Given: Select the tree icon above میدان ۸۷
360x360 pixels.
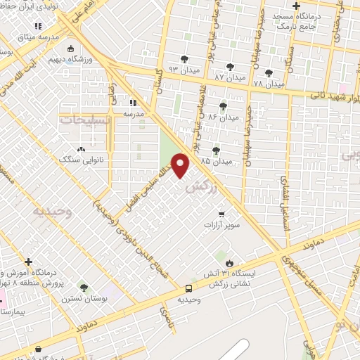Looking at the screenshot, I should click(223, 61).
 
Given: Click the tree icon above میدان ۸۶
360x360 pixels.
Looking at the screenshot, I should click(223, 106).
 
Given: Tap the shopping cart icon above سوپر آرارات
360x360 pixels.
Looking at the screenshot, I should click(221, 214).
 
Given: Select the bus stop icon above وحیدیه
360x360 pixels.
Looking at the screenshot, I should click(188, 288).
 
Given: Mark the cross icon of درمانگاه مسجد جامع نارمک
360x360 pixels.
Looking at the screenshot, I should click(298, 6).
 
